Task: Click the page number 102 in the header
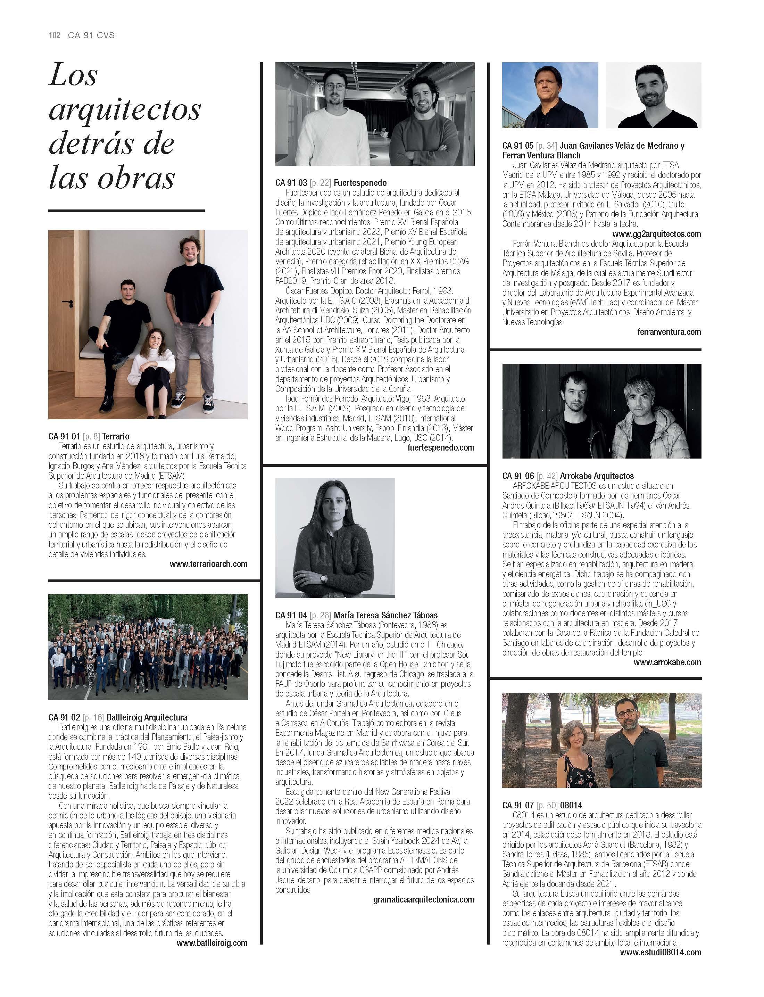tap(54, 35)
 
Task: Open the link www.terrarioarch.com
tap(208, 564)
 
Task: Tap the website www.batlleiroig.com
tap(212, 943)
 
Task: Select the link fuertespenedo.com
tap(441, 447)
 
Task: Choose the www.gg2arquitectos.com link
tap(656, 234)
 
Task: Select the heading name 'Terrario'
tap(116, 436)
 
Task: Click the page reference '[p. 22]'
tap(320, 183)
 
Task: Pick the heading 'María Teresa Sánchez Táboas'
tap(385, 615)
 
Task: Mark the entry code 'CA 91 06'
tap(518, 476)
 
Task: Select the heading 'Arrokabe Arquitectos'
tap(597, 476)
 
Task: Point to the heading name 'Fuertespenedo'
tap(360, 183)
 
